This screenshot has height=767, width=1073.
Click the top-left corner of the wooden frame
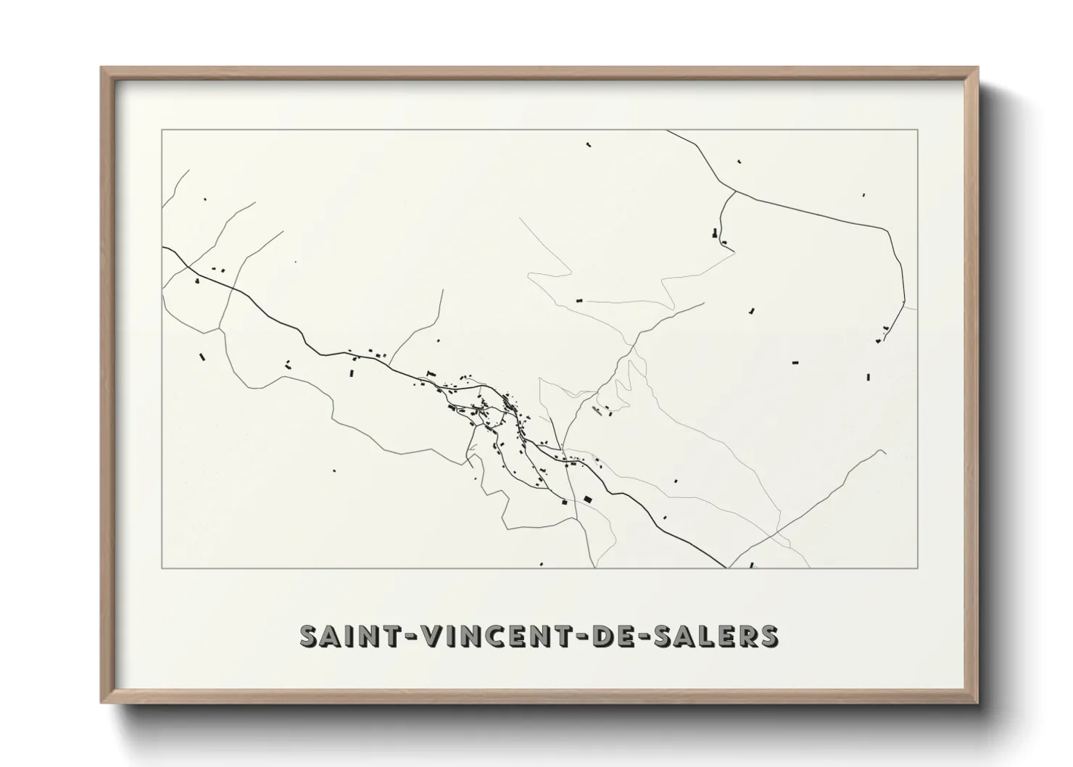point(101,68)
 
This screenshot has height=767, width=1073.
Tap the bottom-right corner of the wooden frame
point(978,702)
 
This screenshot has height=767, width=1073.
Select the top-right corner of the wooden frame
point(978,68)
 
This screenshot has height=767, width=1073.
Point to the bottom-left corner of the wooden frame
point(101,702)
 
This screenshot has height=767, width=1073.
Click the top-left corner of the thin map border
point(162,130)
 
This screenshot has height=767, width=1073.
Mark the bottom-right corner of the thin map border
point(918,568)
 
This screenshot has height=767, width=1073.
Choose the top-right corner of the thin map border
point(918,130)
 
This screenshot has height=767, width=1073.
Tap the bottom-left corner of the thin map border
point(162,568)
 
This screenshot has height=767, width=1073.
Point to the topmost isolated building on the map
point(589,145)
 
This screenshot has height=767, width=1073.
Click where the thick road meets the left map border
point(162,247)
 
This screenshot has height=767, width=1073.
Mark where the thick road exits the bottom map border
point(726,568)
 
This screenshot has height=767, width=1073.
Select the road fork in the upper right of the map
point(735,192)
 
